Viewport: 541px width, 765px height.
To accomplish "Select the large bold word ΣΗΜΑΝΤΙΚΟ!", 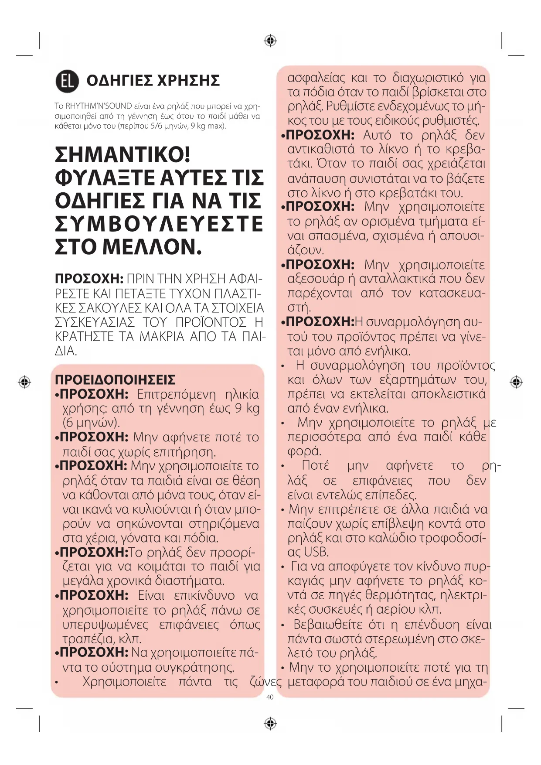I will tap(123, 155).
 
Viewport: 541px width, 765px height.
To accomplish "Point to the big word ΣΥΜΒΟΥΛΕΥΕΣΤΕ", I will tap(159, 224).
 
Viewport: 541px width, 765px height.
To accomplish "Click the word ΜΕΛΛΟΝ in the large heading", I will tap(152, 247).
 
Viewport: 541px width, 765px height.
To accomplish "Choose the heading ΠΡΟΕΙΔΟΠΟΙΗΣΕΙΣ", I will tap(115, 379).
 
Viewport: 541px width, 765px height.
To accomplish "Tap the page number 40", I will tap(270, 697).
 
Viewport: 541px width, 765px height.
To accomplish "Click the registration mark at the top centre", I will tap(270, 41).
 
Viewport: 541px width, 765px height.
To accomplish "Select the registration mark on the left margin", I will tap(24, 382).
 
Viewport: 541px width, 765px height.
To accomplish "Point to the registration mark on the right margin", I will tap(516, 382).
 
